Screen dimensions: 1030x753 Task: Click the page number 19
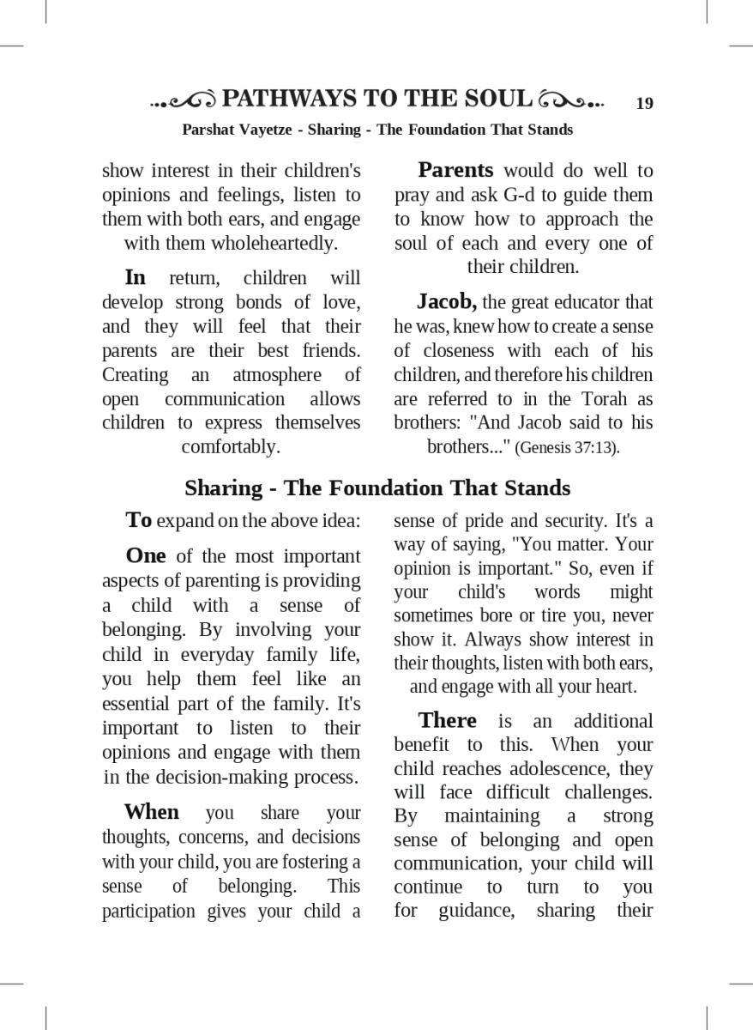click(644, 104)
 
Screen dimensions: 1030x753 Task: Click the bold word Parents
click(455, 170)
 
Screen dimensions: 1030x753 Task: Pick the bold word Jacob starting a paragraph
click(446, 302)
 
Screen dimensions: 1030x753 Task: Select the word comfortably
click(231, 446)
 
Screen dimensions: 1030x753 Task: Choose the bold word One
click(145, 555)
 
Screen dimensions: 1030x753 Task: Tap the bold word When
click(152, 812)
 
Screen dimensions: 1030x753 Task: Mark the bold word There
click(447, 720)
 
